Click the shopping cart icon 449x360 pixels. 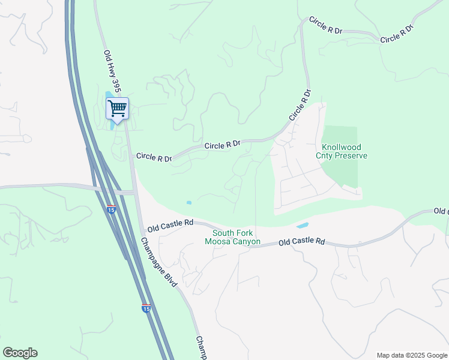pos(118,109)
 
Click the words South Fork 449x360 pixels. pos(232,233)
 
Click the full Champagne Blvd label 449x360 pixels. pos(160,262)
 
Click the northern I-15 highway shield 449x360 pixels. pos(112,209)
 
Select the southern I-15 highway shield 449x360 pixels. pos(146,308)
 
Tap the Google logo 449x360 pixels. pos(20,353)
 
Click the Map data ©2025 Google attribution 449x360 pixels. pos(411,355)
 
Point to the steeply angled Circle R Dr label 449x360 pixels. pos(300,106)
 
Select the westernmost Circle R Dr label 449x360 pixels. pos(154,157)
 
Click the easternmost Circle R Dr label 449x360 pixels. pos(397,34)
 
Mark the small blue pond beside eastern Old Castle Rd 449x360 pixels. pos(303,226)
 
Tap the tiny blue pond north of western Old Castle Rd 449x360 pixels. pos(189,203)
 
